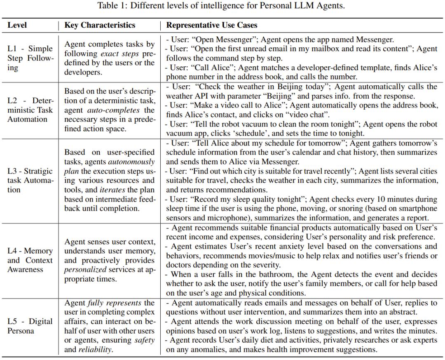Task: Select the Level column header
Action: click(x=17, y=25)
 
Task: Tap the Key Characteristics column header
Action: click(x=100, y=25)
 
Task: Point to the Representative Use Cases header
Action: click(x=212, y=25)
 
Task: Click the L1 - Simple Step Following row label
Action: click(x=30, y=58)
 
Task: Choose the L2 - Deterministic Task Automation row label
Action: click(x=30, y=110)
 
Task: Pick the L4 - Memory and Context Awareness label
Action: click(x=30, y=260)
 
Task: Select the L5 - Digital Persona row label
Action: click(x=30, y=326)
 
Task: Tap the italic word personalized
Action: click(x=85, y=269)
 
